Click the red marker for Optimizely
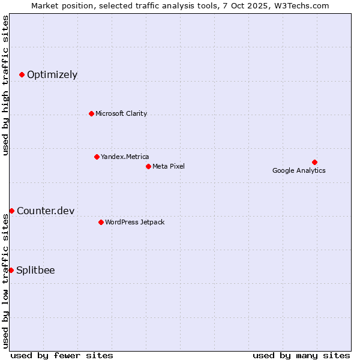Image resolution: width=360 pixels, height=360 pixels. (x=22, y=74)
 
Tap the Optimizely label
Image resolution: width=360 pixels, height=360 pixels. (x=52, y=75)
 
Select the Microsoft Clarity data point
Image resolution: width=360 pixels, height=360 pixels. (x=91, y=113)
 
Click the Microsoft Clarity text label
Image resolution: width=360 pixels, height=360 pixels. (x=121, y=113)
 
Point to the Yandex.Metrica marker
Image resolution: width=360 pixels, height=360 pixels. (x=97, y=157)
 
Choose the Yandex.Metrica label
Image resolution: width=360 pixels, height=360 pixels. (x=125, y=157)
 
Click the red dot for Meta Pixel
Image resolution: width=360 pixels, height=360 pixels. (x=148, y=166)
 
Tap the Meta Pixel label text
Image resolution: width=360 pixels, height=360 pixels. (x=169, y=166)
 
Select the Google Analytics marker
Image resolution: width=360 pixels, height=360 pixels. (x=314, y=162)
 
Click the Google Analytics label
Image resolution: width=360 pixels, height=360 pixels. (x=299, y=170)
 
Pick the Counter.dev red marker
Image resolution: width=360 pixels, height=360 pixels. (x=11, y=211)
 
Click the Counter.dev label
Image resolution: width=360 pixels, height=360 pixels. (x=46, y=211)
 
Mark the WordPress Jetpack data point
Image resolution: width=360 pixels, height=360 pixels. (x=101, y=222)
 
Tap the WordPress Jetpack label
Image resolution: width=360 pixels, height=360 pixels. (x=134, y=222)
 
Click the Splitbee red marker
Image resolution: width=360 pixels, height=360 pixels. (x=11, y=270)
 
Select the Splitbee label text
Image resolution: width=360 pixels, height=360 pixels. (x=35, y=270)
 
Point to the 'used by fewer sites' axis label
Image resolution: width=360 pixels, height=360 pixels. (x=62, y=355)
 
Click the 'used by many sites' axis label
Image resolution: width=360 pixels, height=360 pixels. (x=301, y=355)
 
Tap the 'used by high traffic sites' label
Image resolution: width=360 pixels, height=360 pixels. (x=6, y=85)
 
